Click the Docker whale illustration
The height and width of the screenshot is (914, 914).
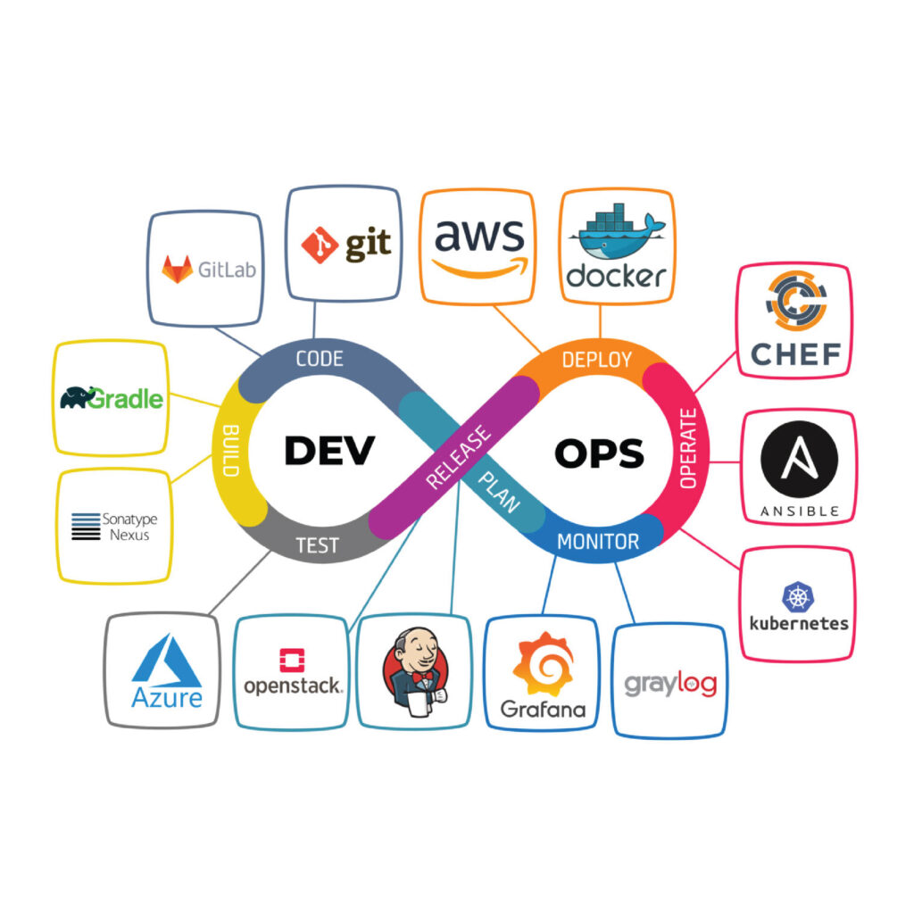[616, 235]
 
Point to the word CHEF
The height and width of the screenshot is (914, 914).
[794, 354]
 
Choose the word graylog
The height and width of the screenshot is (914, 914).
[670, 685]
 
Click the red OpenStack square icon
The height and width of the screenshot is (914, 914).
[292, 660]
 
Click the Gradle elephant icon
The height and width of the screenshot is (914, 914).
[79, 396]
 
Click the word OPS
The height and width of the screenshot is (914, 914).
[599, 453]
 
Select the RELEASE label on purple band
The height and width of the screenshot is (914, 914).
[459, 457]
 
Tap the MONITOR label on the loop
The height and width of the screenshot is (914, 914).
[598, 541]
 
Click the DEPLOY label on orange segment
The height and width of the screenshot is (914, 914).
[596, 360]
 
